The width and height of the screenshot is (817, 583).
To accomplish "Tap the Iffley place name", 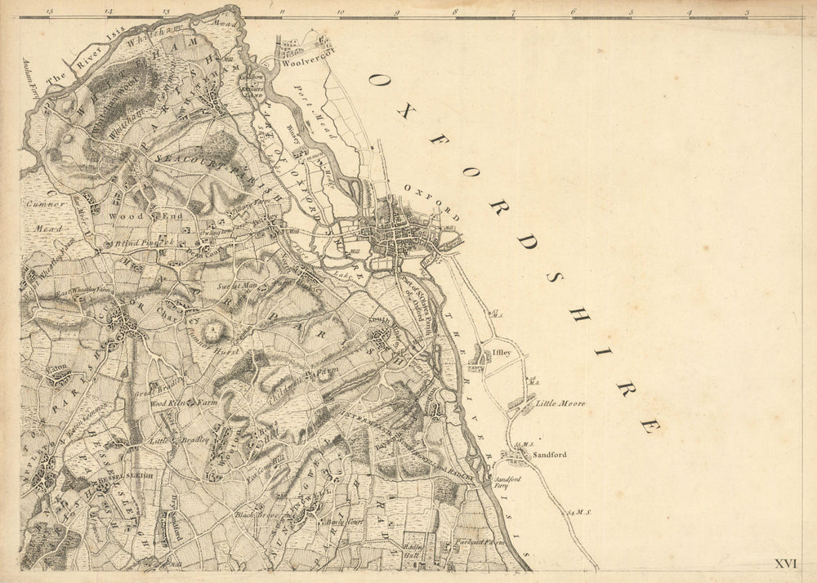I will click(x=500, y=354).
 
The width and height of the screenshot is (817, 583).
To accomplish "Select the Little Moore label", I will click(x=560, y=403).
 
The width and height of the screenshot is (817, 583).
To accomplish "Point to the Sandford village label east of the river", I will click(x=549, y=454).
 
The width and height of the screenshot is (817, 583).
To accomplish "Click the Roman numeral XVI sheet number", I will click(x=785, y=563).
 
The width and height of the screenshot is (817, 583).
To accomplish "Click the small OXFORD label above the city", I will click(x=426, y=197).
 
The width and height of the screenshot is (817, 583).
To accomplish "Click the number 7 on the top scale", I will click(x=513, y=12).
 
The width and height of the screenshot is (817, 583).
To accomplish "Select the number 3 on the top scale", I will click(x=747, y=12).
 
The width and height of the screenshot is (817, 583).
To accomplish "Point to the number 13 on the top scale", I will click(x=166, y=12).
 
